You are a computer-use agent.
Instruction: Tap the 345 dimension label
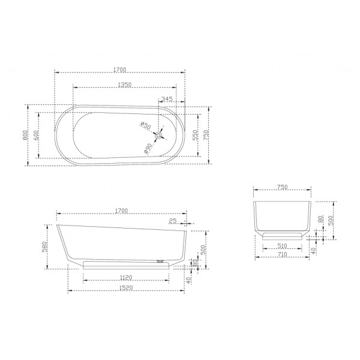pos(167,98)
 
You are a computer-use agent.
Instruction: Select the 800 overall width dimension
pos(25,135)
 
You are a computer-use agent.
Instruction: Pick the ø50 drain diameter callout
pos(145,125)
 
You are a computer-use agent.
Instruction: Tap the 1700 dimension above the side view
pos(121,210)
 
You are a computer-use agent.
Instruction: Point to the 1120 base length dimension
pos(125,278)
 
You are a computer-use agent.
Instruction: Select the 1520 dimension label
pos(125,289)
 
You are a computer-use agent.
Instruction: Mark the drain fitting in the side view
pos(160,260)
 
